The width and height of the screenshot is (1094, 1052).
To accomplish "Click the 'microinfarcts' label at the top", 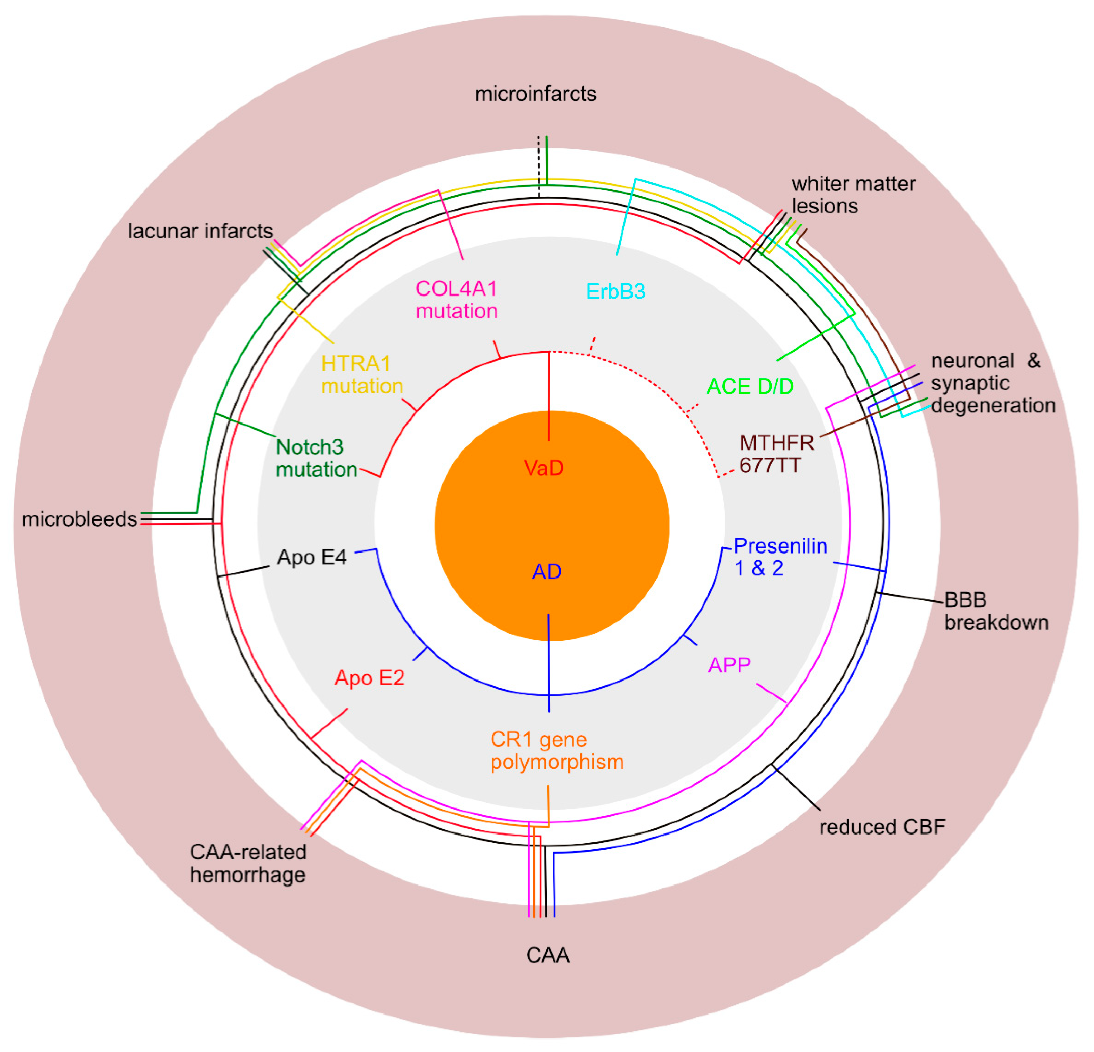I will coord(535,94).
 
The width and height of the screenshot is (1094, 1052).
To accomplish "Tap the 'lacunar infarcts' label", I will coord(201,231).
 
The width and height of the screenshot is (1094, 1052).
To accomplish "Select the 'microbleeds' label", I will coord(79,519).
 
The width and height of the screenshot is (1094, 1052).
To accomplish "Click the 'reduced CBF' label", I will coord(882,827).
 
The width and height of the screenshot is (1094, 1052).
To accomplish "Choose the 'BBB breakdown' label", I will coord(996,611).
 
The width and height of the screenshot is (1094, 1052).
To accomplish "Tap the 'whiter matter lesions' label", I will coord(853,195).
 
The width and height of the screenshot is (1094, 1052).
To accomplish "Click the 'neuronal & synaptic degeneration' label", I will coord(992,383).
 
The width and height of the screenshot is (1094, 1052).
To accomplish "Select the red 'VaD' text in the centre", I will coord(544,468).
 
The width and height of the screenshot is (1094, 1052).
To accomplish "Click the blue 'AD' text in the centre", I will coord(546,571).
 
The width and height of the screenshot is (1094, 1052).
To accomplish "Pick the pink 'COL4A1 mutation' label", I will coord(457,300).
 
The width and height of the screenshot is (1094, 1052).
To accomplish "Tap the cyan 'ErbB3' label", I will coord(616,291).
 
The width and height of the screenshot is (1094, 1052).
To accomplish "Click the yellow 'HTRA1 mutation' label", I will coord(362,375).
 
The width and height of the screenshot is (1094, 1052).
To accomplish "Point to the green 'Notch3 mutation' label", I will coord(317,458).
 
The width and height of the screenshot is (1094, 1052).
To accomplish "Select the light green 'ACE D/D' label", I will coord(750,386).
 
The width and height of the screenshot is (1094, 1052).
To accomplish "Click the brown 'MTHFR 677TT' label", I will coord(776,454).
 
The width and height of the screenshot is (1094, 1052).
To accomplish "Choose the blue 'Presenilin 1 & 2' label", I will coord(780,557).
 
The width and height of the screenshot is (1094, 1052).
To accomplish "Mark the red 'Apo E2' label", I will coord(370,678).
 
